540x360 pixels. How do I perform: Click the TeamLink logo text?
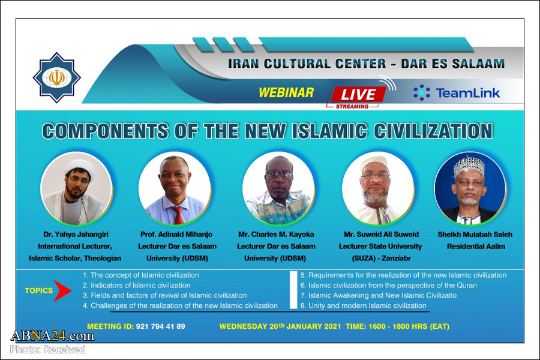pos(457,92)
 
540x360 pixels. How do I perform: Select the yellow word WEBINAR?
pos(286,92)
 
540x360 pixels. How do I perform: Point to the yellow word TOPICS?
pos(38,291)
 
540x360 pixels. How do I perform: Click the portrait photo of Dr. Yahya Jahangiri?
pos(76,188)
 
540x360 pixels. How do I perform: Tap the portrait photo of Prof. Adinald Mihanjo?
pos(175,188)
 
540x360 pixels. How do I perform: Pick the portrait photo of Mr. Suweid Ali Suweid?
pos(378,188)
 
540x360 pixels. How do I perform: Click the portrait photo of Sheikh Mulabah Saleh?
pos(470,188)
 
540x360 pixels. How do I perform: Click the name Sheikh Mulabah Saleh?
pos(474,235)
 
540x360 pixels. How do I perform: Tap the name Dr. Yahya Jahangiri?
pos(75,235)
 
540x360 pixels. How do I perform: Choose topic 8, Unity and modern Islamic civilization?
pos(363,306)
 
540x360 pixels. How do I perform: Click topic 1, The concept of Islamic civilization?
pos(140,275)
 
